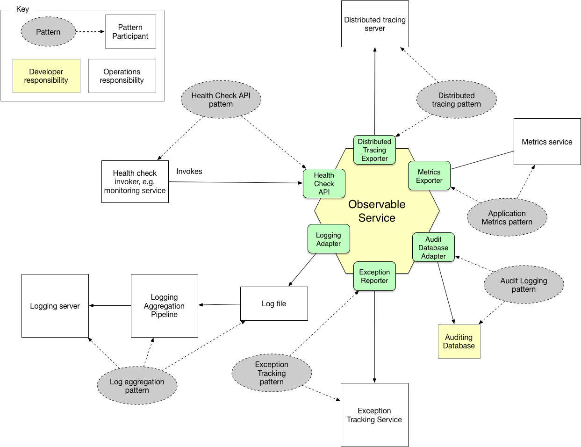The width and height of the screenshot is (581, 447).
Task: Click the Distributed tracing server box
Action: point(375,24)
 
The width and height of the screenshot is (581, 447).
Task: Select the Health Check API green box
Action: point(324,183)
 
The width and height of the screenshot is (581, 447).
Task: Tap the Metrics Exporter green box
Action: point(429,176)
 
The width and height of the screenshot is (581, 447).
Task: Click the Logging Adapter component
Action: point(329,239)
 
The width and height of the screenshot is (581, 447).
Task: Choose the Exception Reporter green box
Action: point(374,276)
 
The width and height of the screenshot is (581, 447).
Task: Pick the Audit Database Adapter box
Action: point(433,247)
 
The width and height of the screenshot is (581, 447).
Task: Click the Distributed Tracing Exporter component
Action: point(374,150)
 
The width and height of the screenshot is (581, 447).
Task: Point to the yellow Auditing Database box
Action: point(459,341)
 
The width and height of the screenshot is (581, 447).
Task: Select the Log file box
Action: point(274,303)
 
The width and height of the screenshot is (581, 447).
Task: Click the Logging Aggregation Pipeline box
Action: point(164,305)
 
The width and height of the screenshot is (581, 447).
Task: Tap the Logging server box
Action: point(55,306)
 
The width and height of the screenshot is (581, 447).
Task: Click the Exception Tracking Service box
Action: point(374,415)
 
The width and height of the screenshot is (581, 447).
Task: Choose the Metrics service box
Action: point(547,142)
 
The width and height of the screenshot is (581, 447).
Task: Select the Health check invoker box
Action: point(135,181)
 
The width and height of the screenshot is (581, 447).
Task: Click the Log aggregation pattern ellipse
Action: point(137,386)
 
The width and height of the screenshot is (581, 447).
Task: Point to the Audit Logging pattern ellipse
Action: point(524,285)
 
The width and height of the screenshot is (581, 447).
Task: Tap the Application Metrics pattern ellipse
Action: point(507,217)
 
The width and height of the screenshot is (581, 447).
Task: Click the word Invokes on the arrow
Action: point(189,172)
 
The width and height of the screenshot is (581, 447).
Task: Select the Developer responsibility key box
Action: point(46,76)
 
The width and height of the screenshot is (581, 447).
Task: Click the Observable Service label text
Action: point(377,211)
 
